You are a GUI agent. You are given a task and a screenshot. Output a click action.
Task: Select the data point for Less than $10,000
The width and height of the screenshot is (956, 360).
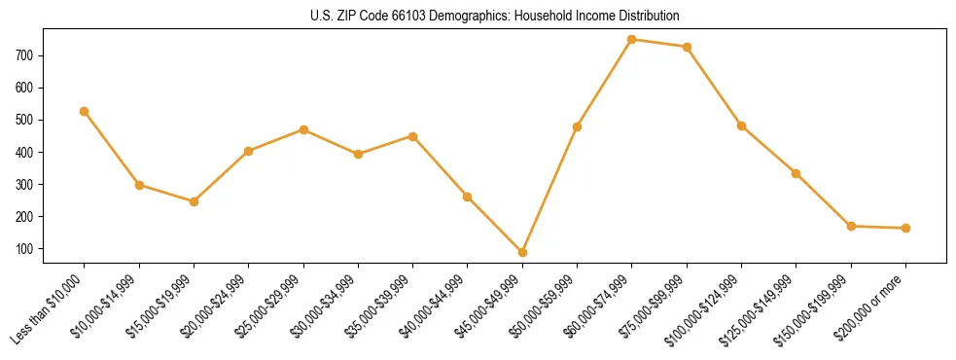click(85, 111)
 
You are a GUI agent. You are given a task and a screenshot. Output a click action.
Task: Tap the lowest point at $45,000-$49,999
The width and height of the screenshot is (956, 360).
click(523, 252)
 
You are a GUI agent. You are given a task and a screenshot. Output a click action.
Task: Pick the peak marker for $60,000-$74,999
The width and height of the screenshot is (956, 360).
click(632, 40)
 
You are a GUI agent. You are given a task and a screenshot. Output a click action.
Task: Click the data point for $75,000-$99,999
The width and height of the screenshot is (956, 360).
click(688, 47)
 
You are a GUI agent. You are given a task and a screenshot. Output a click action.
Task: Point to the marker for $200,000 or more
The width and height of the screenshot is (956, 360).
click(906, 228)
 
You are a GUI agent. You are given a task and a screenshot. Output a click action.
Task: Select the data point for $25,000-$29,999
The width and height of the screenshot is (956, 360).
click(304, 129)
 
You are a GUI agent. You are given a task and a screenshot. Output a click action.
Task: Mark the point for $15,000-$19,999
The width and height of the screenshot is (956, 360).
click(195, 201)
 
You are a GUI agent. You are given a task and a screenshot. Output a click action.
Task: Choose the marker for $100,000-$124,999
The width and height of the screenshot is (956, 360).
click(742, 126)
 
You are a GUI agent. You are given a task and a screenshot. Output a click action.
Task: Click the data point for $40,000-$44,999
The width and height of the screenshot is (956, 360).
click(468, 197)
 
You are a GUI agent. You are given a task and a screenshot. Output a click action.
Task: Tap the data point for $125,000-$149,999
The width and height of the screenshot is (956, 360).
click(797, 173)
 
